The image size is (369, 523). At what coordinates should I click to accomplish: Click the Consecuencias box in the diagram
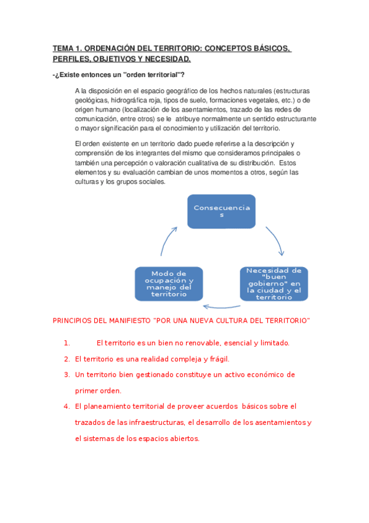(x=222, y=212)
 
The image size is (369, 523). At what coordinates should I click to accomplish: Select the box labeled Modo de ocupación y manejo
(x=169, y=284)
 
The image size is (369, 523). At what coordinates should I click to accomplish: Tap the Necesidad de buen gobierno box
(x=274, y=284)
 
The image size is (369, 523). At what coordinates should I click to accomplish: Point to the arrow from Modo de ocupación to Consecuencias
(x=167, y=241)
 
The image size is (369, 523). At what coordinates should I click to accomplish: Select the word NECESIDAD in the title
(x=164, y=59)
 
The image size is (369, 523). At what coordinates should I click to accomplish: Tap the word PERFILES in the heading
(x=73, y=59)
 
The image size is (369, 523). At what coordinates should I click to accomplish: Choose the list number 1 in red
(x=66, y=343)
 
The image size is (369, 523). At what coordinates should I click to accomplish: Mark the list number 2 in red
(x=67, y=358)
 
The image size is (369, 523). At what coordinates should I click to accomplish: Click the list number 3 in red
(x=67, y=374)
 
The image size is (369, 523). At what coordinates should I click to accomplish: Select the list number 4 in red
(x=67, y=406)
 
